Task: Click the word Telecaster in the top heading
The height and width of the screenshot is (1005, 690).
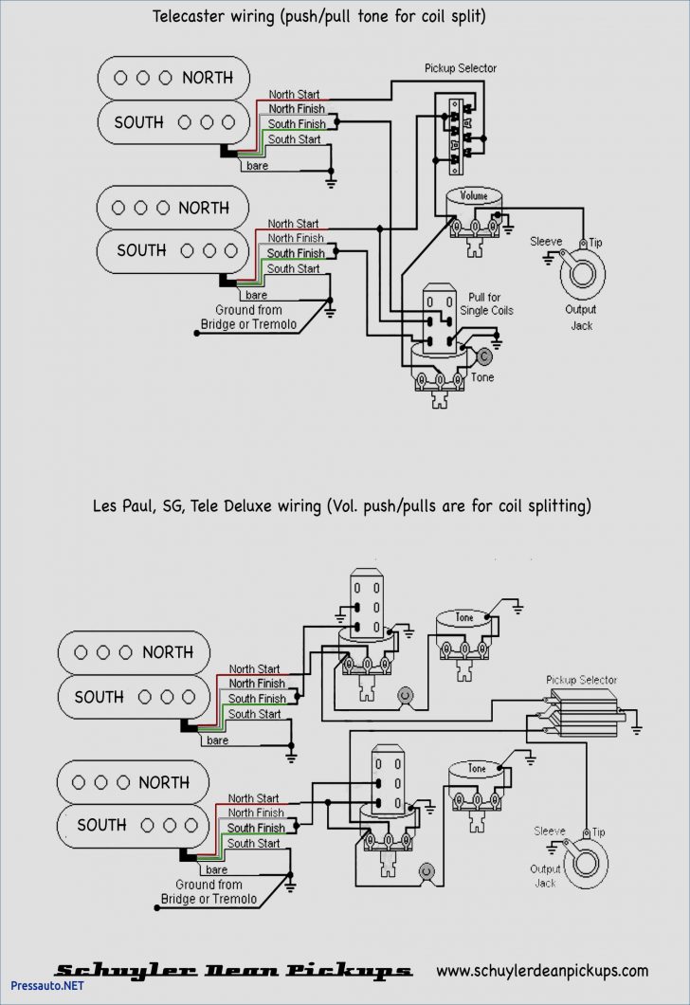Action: (x=187, y=16)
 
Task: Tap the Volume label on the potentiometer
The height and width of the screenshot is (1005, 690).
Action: (x=474, y=196)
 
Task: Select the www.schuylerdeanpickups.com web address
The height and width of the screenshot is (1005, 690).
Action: (x=542, y=970)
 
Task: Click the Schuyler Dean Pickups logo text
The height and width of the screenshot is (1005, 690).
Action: (x=232, y=970)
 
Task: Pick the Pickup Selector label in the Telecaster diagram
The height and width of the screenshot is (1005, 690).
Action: (x=460, y=68)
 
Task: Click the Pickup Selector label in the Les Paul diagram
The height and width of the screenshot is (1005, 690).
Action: (x=581, y=680)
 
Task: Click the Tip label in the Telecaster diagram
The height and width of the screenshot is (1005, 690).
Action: (x=595, y=244)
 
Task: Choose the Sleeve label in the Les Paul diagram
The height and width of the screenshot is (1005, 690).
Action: (x=549, y=831)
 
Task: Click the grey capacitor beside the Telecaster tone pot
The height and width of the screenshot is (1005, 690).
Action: (x=484, y=357)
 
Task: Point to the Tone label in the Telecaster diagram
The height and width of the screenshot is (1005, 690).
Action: (x=482, y=377)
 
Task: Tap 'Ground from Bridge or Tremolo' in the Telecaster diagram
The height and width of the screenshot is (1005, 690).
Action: (x=248, y=317)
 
